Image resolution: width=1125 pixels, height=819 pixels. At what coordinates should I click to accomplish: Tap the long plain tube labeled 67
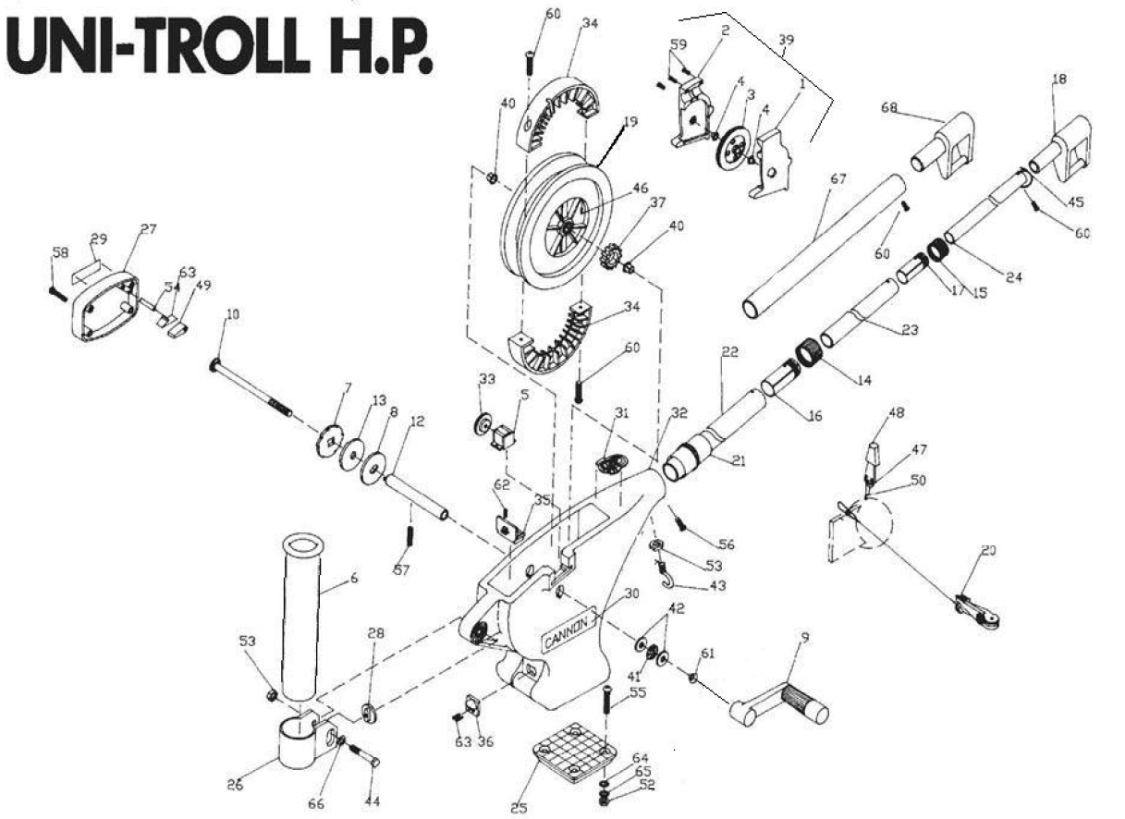[x=822, y=245]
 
